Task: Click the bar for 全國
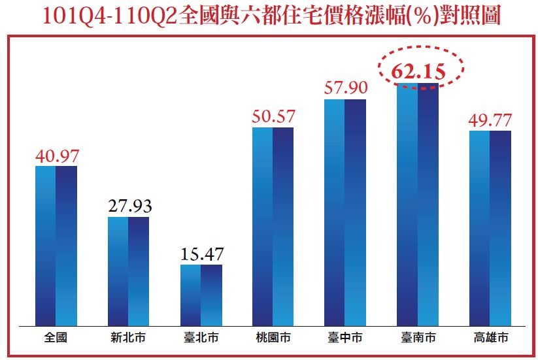point(56,245)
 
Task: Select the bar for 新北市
point(128,270)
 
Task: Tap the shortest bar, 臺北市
point(201,294)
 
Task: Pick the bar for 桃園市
point(273,225)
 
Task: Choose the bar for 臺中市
point(345,212)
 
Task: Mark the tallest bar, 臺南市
point(418,204)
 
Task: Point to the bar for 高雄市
point(490,227)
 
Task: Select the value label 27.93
point(129,206)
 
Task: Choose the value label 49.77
point(490,120)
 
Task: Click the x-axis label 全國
point(56,338)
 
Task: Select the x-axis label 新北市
point(128,338)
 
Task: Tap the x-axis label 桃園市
point(273,338)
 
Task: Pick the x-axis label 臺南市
point(418,338)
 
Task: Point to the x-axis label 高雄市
point(490,338)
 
